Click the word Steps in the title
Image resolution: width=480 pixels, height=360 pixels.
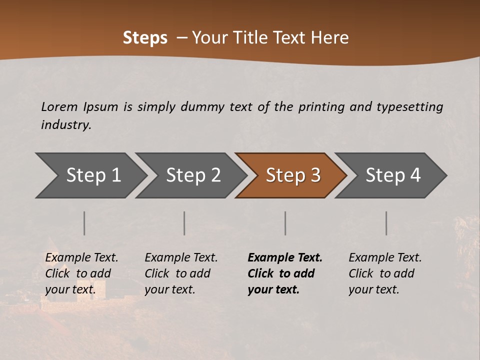[x=145, y=38]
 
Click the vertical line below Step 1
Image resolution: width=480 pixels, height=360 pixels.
[x=84, y=223]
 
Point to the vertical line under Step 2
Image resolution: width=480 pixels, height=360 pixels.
[x=184, y=223]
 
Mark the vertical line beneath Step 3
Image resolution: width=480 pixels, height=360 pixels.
[x=285, y=223]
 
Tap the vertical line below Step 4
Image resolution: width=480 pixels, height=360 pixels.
[x=386, y=223]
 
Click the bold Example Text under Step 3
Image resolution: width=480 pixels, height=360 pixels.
[x=285, y=273]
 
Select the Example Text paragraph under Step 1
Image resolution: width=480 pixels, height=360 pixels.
[x=81, y=273]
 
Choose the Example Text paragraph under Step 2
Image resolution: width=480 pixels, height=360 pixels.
[x=181, y=273]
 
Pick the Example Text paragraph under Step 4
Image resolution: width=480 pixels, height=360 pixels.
[x=385, y=273]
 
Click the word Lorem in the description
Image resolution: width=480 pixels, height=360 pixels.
[x=59, y=106]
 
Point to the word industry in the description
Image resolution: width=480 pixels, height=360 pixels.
[x=66, y=125]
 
